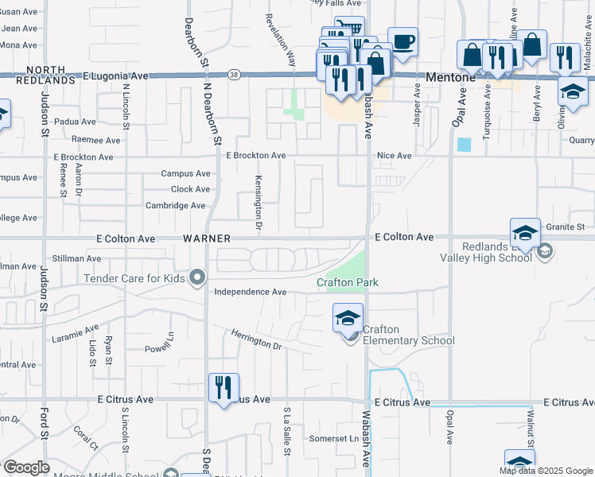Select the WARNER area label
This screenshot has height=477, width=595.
pyautogui.click(x=206, y=238)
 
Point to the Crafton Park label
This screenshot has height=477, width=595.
pyautogui.click(x=347, y=282)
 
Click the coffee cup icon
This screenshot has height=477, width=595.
pyautogui.click(x=402, y=42)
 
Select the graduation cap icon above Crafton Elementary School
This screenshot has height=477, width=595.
pyautogui.click(x=348, y=318)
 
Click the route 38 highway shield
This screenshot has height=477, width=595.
pyautogui.click(x=231, y=75)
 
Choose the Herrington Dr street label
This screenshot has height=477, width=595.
pyautogui.click(x=256, y=340)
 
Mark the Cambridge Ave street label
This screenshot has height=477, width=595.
pyautogui.click(x=175, y=205)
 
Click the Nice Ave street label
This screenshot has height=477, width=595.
pyautogui.click(x=394, y=156)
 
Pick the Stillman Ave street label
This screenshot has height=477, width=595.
pyautogui.click(x=76, y=258)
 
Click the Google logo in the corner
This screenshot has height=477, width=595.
pyautogui.click(x=25, y=467)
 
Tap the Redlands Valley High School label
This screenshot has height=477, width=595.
pyautogui.click(x=485, y=252)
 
